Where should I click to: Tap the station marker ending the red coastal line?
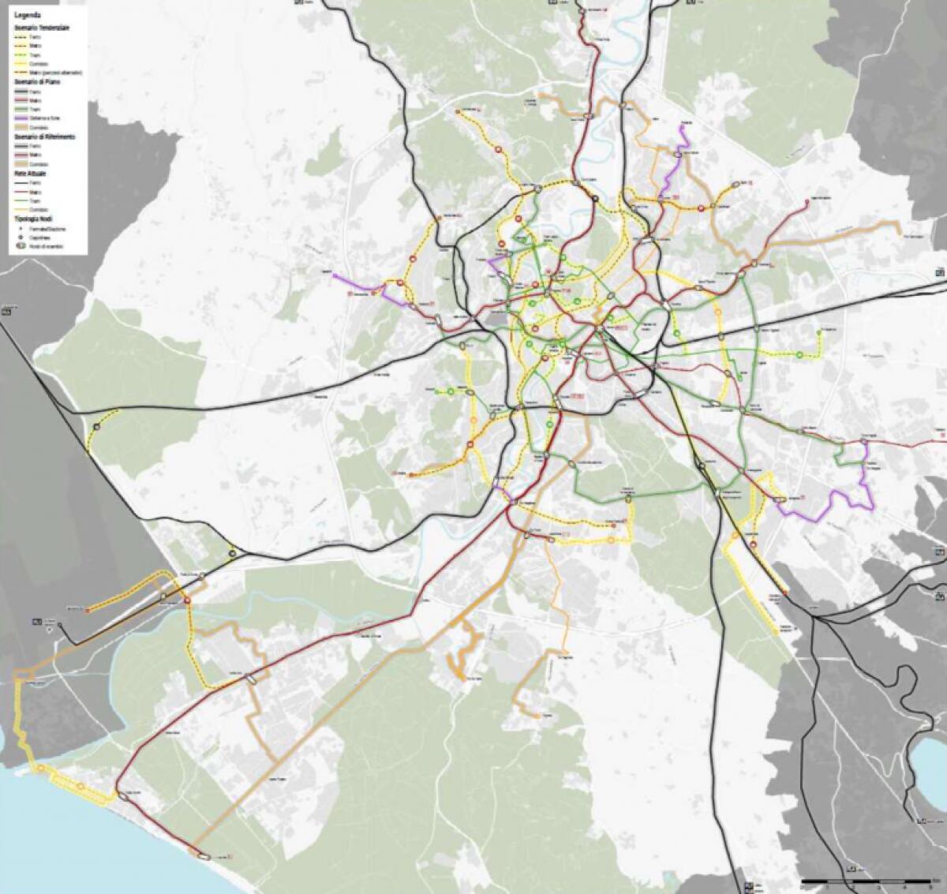click(x=202, y=855)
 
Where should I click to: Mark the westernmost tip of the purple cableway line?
click(x=334, y=275)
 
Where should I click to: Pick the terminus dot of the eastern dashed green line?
click(x=819, y=333)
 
